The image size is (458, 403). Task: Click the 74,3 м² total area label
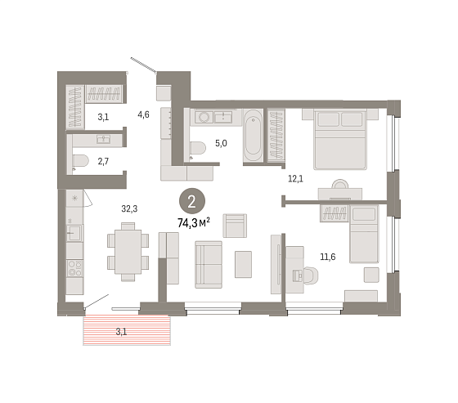pos(194,223)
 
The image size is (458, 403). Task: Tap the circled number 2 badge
pos(192,201)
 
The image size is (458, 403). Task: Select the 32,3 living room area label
pos(129,208)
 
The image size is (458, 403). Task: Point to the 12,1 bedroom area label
pos(295,179)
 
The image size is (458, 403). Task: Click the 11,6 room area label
pos(328,257)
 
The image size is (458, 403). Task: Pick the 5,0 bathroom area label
pos(221,143)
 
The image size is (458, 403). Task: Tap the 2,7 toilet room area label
pos(103,161)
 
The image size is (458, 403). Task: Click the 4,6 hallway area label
pos(143,114)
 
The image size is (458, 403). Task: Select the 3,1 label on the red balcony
pos(121,332)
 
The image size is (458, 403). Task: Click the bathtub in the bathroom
pos(253,136)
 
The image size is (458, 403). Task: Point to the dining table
pos(128,252)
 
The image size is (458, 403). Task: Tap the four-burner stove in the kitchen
pos(74,268)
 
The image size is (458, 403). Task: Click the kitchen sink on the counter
pos(74,233)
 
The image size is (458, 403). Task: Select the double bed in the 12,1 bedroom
pos(340,139)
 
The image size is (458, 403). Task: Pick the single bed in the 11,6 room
pos(364,235)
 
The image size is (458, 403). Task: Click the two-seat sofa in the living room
pos(209,265)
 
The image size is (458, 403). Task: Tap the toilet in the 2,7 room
pos(79,160)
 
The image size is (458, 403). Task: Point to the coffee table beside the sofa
pos(243,264)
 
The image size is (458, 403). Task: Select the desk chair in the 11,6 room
pos(310,275)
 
